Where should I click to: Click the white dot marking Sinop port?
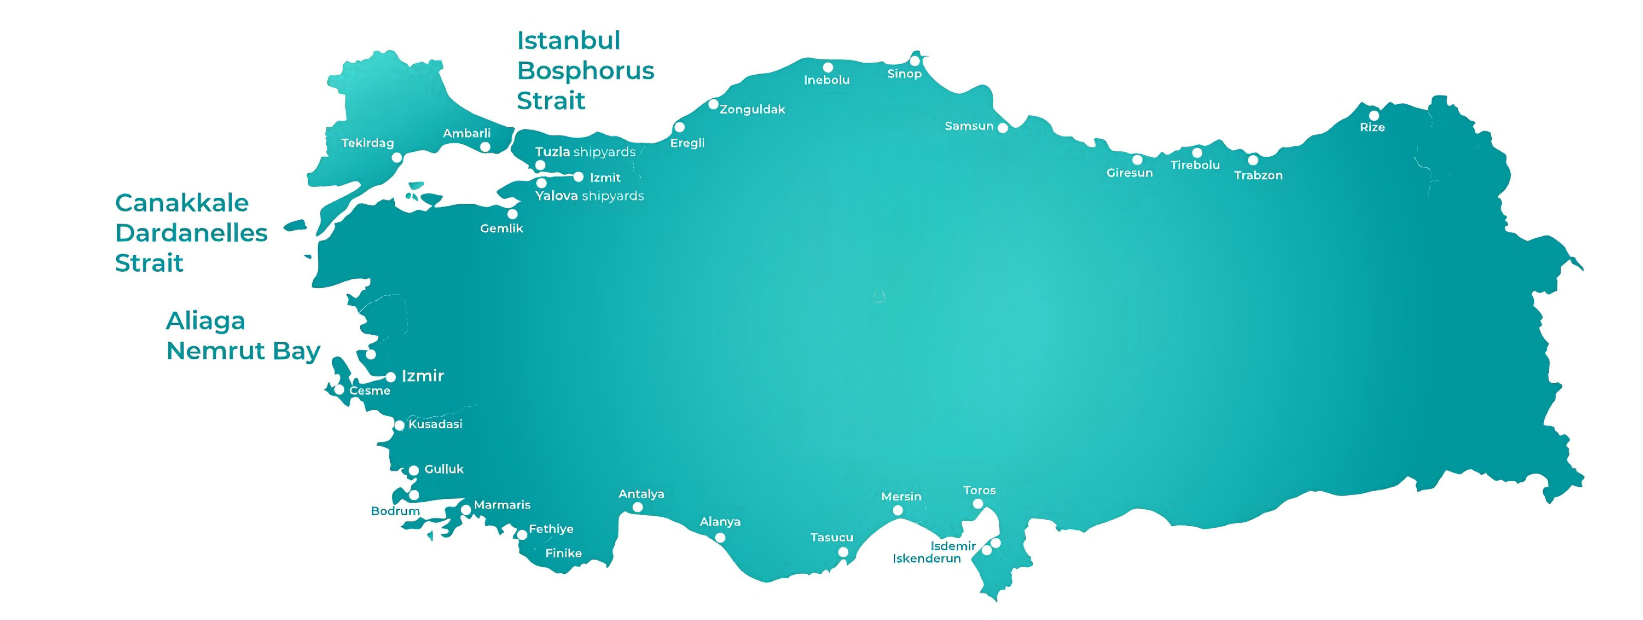[x=915, y=61]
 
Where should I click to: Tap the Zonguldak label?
[x=752, y=110]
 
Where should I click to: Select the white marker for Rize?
[x=1374, y=116]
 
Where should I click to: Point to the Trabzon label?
[x=1258, y=175]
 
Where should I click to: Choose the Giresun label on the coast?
[x=1129, y=173]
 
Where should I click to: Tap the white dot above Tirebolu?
[x=1197, y=152]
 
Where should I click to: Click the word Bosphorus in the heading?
[x=585, y=71]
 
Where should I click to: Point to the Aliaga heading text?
[x=205, y=321]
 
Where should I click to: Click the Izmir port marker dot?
[x=391, y=377]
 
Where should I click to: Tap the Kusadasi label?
[x=435, y=424]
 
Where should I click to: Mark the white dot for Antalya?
[x=637, y=508]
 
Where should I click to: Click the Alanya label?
[x=720, y=522]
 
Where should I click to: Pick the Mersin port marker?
[x=897, y=510]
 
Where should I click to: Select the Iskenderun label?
[x=926, y=559]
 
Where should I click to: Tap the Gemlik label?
[x=501, y=228]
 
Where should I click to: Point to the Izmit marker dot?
[x=578, y=177]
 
